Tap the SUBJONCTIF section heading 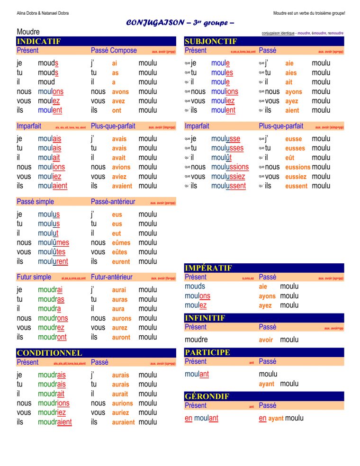click(x=211, y=41)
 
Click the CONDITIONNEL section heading click(x=49, y=353)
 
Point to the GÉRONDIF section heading click(x=207, y=396)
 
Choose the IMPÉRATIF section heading click(x=208, y=268)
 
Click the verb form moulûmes click(x=54, y=242)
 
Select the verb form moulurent click(x=53, y=261)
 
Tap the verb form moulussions click(x=230, y=167)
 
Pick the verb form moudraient click(x=55, y=422)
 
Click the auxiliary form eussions click(x=297, y=167)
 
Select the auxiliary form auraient click(x=123, y=422)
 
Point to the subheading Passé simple click(x=36, y=202)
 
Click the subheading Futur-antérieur click(x=111, y=277)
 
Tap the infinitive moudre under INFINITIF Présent click(x=196, y=340)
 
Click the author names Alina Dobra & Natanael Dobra click(x=43, y=13)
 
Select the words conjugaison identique click(x=278, y=33)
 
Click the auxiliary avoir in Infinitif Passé click(x=266, y=340)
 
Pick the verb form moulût click(x=221, y=158)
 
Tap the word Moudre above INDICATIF click(x=28, y=32)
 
